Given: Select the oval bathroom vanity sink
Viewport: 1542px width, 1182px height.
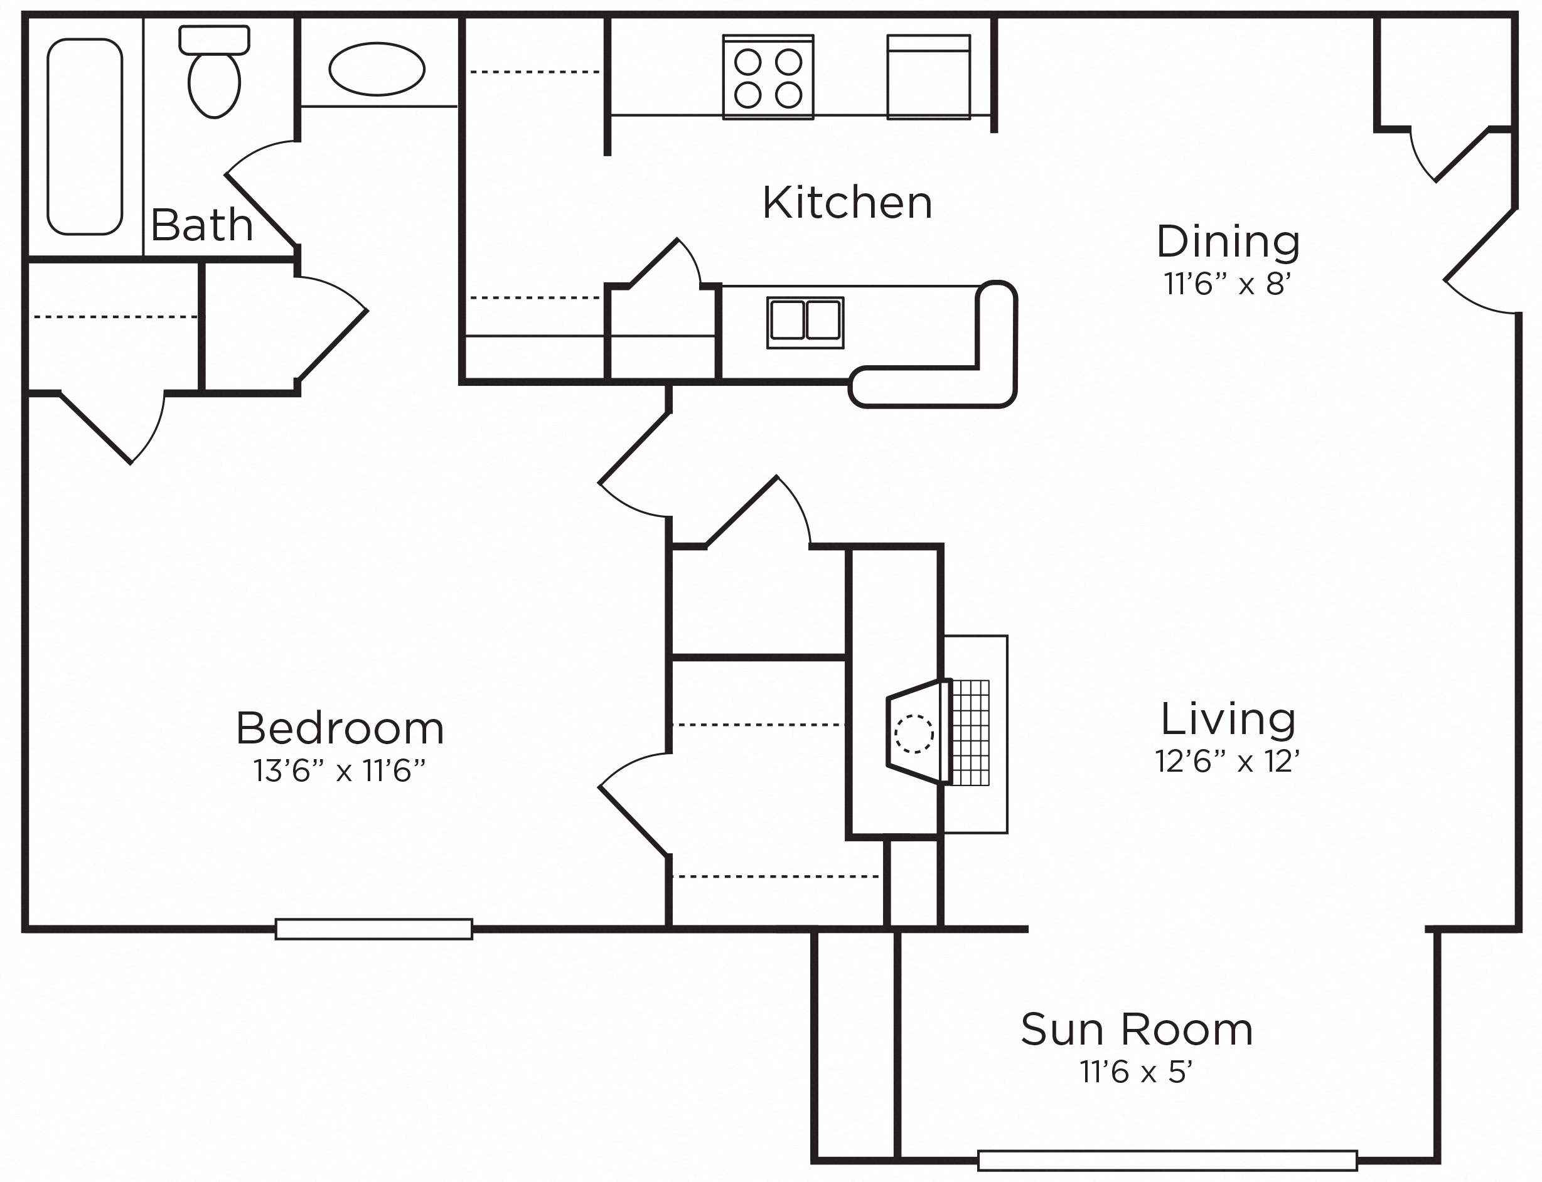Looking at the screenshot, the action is tap(377, 69).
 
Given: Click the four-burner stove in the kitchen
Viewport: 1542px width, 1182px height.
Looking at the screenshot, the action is tap(768, 77).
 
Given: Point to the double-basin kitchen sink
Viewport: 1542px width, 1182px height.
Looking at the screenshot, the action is tap(805, 322).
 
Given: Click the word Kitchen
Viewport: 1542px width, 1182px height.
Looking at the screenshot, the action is tap(847, 203).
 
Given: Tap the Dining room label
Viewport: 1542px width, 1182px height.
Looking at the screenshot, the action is tap(1228, 242).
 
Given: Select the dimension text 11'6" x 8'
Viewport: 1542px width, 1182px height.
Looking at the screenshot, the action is tap(1228, 284).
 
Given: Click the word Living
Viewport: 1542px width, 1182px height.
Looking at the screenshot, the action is tap(1228, 719).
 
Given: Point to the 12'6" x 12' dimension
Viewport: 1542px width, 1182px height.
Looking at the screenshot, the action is tap(1228, 761).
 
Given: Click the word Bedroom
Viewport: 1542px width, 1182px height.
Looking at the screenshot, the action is tap(340, 728).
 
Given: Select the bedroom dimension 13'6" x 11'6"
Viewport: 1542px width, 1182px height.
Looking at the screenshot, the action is tap(340, 770).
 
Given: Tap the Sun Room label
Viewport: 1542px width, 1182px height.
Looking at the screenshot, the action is tap(1137, 1030).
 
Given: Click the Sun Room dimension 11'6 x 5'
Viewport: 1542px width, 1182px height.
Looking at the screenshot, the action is tap(1137, 1072).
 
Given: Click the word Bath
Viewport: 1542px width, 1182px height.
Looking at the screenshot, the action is tap(202, 225).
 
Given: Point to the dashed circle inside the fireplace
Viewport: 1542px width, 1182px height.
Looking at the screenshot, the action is tap(914, 734).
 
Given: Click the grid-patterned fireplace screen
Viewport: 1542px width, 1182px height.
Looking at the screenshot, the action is tap(970, 732).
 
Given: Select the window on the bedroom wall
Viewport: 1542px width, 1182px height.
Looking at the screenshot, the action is tap(373, 929).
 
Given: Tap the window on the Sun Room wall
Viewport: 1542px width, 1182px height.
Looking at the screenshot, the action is tap(1167, 1160).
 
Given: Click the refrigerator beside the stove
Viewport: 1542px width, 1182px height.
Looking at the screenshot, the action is tap(928, 77).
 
